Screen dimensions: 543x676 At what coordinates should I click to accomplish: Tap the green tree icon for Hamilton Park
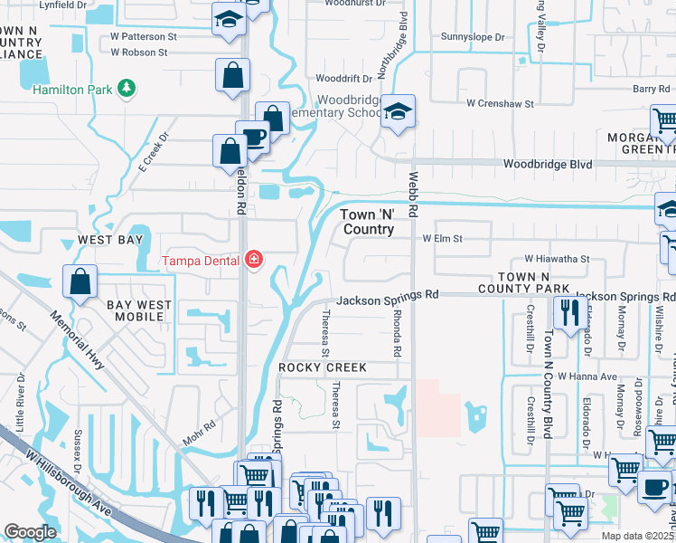point(128,88)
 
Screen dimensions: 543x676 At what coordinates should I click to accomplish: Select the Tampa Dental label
point(201,262)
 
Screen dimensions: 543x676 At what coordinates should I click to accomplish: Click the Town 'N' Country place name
point(368,222)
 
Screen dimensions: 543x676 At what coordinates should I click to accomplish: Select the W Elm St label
point(443,239)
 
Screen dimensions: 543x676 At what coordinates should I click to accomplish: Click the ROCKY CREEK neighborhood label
point(323,367)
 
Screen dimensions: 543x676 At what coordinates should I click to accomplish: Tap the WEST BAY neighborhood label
point(110,240)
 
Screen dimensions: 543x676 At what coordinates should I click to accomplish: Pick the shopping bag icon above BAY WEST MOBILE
point(80,281)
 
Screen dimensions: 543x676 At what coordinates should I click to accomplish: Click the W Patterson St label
point(144,37)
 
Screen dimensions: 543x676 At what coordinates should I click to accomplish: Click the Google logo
point(30,532)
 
